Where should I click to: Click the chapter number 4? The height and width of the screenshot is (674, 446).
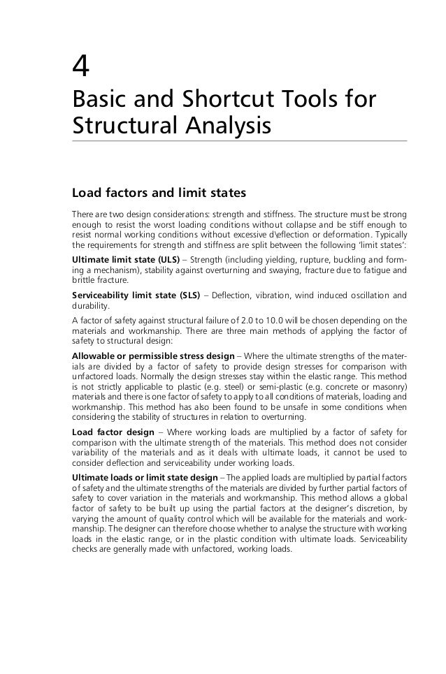pos(81,67)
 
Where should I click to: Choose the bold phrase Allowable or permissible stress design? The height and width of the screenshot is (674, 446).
pos(153,356)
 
